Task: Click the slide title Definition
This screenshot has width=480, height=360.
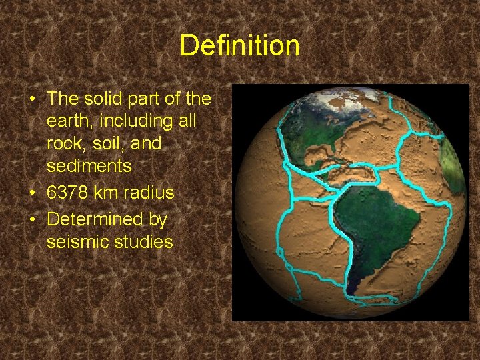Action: pos(239,46)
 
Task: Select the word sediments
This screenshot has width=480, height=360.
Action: pos(89,165)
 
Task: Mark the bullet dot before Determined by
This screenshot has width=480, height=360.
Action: pos(33,219)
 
